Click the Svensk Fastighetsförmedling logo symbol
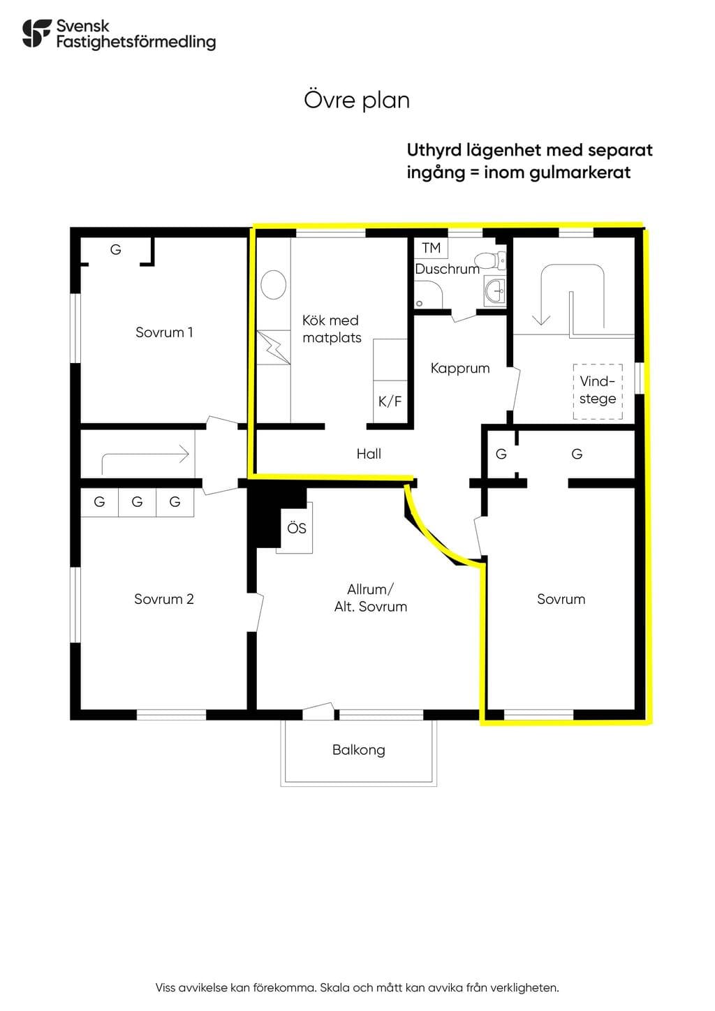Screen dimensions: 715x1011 36,33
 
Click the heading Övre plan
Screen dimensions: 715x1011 357,101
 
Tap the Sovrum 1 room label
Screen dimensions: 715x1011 164,332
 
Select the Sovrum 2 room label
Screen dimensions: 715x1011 164,599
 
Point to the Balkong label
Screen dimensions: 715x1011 359,750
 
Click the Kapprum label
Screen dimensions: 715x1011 460,368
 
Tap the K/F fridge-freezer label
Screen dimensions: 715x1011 390,401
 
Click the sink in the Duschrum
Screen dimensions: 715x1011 495,290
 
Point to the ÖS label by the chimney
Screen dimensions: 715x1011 297,528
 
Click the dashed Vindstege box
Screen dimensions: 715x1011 598,392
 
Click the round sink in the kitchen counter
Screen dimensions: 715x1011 274,285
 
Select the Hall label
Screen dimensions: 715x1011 369,454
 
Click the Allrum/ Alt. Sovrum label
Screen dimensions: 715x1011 371,598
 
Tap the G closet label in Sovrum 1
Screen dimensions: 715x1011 115,249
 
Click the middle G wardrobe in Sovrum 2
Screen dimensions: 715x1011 138,502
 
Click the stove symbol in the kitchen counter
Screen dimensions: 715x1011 274,347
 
